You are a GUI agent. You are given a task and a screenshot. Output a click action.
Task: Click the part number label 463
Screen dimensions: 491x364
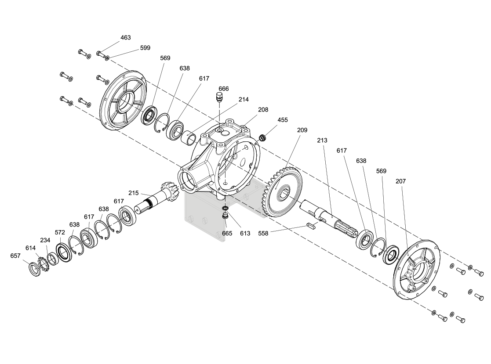126,37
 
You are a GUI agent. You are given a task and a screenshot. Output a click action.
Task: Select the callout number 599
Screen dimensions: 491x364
145,48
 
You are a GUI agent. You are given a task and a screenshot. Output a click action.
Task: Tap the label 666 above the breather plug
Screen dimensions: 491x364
224,89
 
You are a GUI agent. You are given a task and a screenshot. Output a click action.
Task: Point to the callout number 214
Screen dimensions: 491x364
244,99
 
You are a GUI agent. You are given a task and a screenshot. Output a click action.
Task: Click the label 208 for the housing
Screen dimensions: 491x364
263,110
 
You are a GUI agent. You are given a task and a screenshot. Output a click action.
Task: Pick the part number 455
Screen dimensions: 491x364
283,120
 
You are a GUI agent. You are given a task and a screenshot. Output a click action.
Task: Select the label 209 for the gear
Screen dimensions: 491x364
302,130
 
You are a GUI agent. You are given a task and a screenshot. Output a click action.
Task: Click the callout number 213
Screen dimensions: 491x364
322,141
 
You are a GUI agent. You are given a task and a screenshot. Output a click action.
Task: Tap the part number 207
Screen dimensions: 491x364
400,181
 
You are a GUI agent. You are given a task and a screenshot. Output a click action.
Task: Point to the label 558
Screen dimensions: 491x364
263,233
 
